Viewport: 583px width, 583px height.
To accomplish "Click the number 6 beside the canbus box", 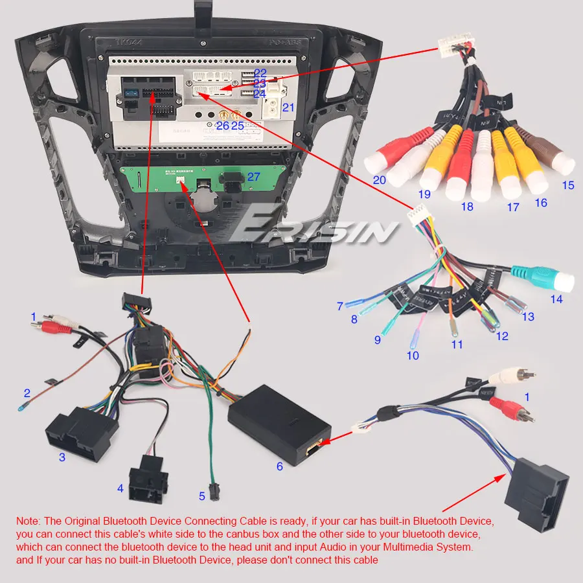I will (x=280, y=466).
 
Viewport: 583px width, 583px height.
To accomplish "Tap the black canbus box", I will (x=279, y=424).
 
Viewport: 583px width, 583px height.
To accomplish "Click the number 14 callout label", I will (x=556, y=299).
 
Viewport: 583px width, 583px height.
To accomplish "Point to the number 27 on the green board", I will (x=253, y=177).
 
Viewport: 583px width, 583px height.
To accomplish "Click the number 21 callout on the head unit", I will (x=288, y=108).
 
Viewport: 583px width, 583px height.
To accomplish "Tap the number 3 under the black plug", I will (x=62, y=457).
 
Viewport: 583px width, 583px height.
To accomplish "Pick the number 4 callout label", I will (x=120, y=488).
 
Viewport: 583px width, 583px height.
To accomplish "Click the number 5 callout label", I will (x=202, y=496).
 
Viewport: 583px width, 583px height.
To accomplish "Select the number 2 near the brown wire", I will (x=27, y=393).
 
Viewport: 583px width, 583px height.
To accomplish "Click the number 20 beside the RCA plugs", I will (x=379, y=181).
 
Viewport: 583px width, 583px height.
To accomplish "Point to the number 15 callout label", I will (x=568, y=185).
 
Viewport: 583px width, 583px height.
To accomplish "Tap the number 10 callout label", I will (x=413, y=355).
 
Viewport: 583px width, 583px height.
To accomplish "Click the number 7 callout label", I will (x=339, y=306).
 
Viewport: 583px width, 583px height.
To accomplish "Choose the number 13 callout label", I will (x=529, y=317).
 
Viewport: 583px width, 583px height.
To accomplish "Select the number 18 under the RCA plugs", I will (x=467, y=207).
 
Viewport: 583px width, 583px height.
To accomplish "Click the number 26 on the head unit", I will (x=223, y=126).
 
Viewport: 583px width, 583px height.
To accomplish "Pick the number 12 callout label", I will (x=502, y=336).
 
